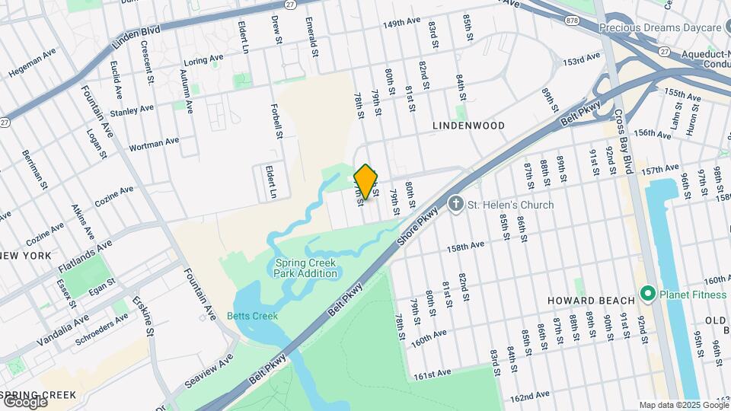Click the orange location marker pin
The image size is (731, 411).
[x=366, y=182]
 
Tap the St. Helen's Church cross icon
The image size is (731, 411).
[x=455, y=204]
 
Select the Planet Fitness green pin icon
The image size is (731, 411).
[x=648, y=293]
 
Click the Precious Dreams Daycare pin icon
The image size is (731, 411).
[x=589, y=28]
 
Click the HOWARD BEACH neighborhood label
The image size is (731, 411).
[x=581, y=301]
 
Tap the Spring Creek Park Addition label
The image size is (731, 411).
[x=306, y=268]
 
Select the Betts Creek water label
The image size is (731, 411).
[x=252, y=316]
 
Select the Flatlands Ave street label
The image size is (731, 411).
[x=85, y=256]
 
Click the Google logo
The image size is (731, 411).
[x=24, y=401]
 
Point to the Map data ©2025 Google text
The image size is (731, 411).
[x=683, y=405]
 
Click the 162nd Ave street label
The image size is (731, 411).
[x=530, y=396]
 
